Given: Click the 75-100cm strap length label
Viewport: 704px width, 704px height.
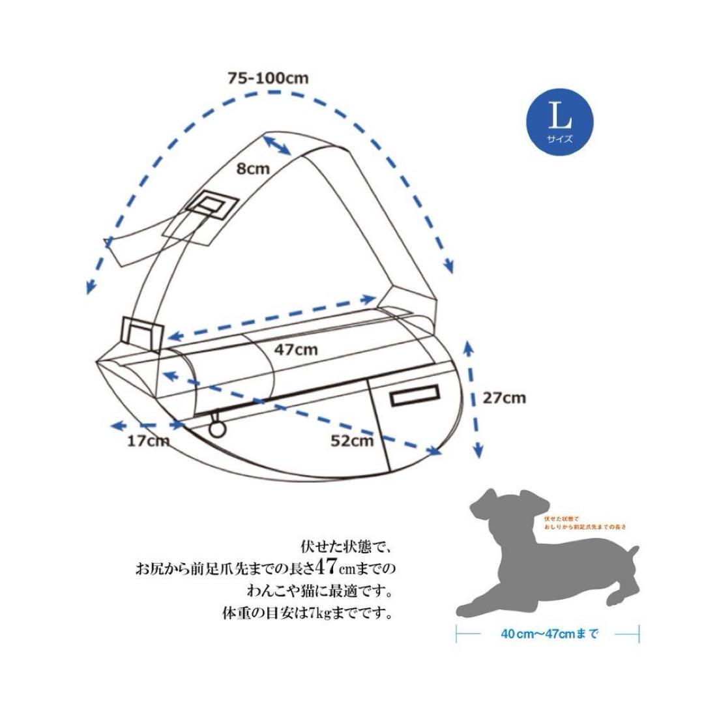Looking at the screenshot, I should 268,77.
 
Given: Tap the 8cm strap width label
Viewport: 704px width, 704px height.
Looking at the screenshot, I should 253,169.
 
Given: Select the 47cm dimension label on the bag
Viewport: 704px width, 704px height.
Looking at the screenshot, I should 295,349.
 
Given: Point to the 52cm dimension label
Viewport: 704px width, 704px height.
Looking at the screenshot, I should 351,441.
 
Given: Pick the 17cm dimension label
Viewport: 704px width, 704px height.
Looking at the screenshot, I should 149,441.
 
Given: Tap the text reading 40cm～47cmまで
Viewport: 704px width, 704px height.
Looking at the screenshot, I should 550,633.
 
